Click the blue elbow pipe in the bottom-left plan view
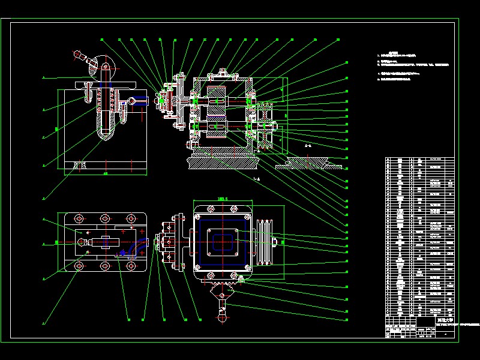(x=137, y=247)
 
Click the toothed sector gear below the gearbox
(x=222, y=293)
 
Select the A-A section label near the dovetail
(x=308, y=146)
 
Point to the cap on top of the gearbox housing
(x=223, y=73)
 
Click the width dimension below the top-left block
(x=106, y=174)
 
